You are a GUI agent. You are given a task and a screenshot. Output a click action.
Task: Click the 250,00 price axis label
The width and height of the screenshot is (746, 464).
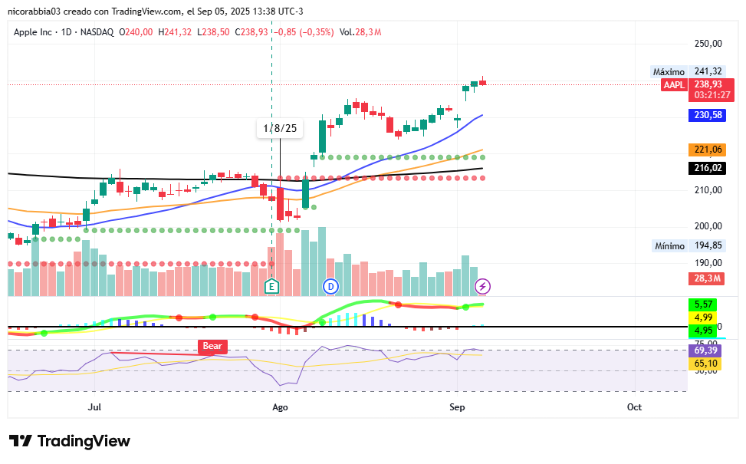coord(708,44)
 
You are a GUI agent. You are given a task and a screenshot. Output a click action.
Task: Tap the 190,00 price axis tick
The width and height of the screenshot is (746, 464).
coord(708,262)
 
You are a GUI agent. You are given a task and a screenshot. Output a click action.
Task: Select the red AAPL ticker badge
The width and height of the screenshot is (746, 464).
coord(674,84)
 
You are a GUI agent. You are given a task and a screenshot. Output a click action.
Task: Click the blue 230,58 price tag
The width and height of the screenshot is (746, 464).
coord(708,115)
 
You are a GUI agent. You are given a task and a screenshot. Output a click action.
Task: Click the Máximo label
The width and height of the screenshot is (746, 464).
coord(668,71)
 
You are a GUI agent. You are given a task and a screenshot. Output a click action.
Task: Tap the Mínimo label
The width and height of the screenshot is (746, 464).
coord(669,246)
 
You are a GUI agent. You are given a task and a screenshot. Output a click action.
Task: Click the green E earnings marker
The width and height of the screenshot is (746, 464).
coord(271,286)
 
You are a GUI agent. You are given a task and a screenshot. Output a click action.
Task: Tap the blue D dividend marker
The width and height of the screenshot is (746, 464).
coord(330,286)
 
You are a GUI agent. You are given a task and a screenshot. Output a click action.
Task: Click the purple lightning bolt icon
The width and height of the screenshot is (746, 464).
coord(483,286)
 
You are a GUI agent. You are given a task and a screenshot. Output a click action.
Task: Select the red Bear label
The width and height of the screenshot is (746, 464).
coord(212,347)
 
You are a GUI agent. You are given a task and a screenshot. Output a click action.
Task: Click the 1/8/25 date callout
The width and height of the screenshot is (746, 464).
coord(279,128)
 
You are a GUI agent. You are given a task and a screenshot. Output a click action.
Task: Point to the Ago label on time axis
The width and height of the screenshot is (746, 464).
coord(280,406)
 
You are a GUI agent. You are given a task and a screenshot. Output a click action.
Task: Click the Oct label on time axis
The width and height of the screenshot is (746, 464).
coord(633,406)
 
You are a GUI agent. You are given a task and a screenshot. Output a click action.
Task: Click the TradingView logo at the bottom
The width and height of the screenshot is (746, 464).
coord(70,441)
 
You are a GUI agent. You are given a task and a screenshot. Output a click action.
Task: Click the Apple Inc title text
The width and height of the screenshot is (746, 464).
coord(38,31)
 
